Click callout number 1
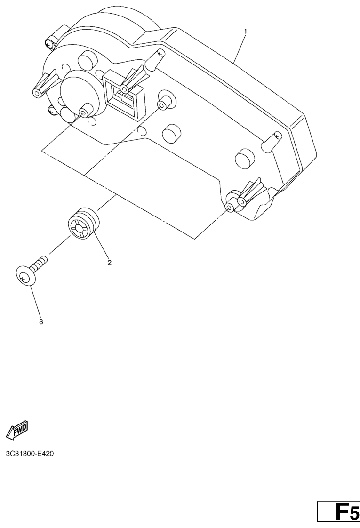(x=245, y=31)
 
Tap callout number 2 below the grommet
(x=109, y=263)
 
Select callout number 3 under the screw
(x=41, y=321)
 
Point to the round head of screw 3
(x=24, y=276)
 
